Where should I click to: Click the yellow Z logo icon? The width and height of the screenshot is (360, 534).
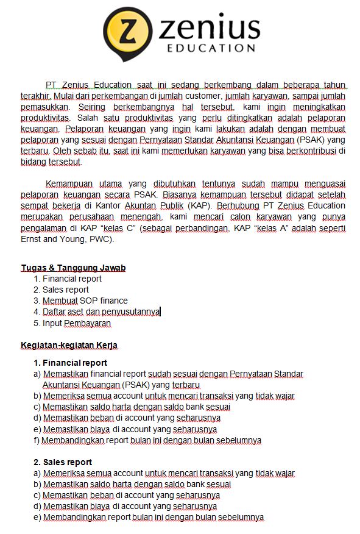coord(127,34)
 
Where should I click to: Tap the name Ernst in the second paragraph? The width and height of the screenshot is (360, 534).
coord(32,238)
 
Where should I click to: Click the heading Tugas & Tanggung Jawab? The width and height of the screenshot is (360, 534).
coord(73,268)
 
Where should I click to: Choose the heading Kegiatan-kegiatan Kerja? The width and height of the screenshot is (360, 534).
coord(69,345)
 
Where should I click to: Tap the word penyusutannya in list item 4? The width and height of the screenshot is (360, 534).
coord(130,311)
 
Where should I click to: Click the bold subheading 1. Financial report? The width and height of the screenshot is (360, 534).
coord(70,363)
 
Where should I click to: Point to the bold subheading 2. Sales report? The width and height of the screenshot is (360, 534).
coord(63,462)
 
